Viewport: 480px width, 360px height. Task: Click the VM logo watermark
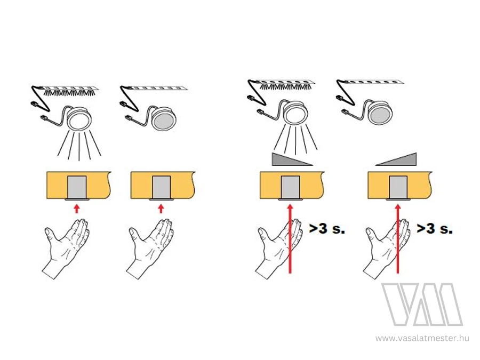[422, 305]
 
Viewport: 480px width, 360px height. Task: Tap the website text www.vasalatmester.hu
[422, 338]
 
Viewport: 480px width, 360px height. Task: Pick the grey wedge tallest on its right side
[396, 159]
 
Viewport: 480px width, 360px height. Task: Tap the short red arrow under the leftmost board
[77, 209]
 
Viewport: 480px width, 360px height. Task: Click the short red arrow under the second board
[161, 209]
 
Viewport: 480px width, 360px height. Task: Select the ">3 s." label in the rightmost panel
[435, 229]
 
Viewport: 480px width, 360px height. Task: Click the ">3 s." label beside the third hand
[327, 229]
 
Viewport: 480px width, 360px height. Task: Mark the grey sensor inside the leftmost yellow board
[77, 187]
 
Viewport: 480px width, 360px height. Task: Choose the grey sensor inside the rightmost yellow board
[398, 187]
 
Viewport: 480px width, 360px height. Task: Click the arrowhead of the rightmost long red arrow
[398, 207]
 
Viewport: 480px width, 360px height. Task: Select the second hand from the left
[150, 249]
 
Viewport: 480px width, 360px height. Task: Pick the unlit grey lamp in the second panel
[164, 118]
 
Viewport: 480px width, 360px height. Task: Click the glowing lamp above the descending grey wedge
[292, 113]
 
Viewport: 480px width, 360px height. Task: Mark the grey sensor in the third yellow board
[290, 187]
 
